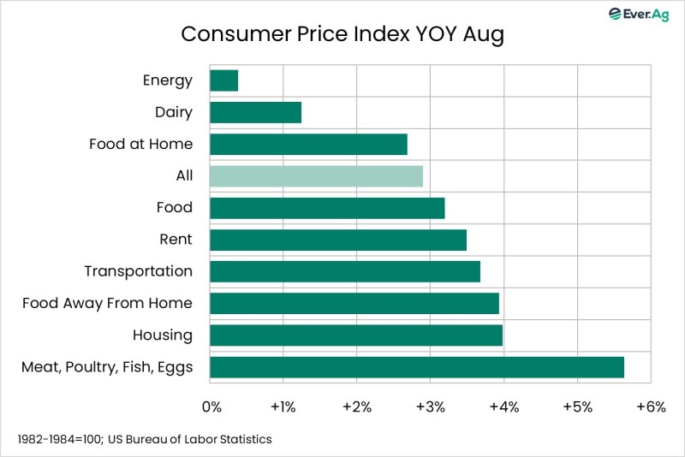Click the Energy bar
pos(223,80)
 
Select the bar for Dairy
pos(255,112)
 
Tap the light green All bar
pos(316,175)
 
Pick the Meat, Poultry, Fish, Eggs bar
pos(416,367)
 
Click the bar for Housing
pos(355,335)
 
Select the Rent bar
pos(337,240)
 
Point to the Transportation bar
pos(344,271)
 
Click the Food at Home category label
pos(140,144)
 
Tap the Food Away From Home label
pos(107,303)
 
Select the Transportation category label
pos(138,271)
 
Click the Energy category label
pos(167,80)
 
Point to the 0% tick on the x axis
pos(211,407)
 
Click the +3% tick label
pos(430,407)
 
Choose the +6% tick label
pos(650,407)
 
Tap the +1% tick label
pos(283,407)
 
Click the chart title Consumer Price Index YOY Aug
pos(342,34)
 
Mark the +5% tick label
pos(577,407)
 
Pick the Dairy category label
pos(174,112)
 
